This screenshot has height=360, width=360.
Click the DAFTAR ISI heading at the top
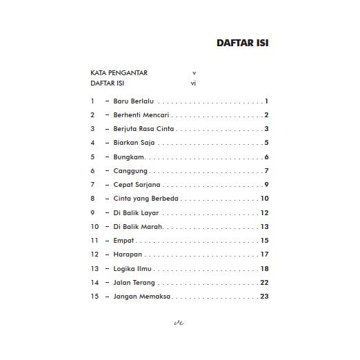pyautogui.click(x=242, y=43)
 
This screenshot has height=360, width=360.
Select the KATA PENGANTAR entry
pyautogui.click(x=119, y=72)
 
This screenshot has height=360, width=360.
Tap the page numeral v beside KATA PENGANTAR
pyautogui.click(x=194, y=72)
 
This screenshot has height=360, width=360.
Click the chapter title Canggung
pyautogui.click(x=130, y=171)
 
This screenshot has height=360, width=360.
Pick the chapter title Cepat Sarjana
pyautogui.click(x=137, y=185)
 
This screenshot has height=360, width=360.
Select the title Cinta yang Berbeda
pyautogui.click(x=146, y=199)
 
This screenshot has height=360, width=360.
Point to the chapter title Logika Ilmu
pyautogui.click(x=132, y=269)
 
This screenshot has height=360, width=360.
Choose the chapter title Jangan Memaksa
pyautogui.click(x=142, y=297)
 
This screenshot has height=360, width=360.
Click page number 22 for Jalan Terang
pyautogui.click(x=264, y=283)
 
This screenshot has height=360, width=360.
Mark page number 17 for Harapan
pyautogui.click(x=264, y=254)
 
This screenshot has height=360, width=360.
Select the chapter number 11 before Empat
pyautogui.click(x=94, y=241)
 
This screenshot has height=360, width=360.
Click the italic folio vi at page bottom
pyautogui.click(x=179, y=322)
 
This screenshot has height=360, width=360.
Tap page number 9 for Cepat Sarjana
pyautogui.click(x=266, y=185)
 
